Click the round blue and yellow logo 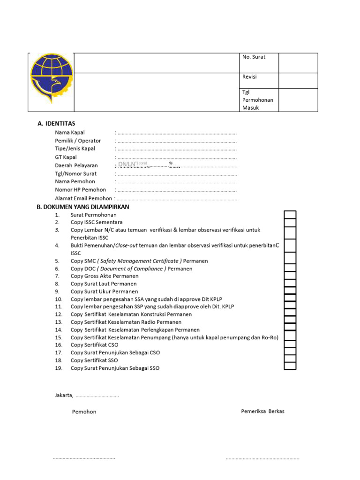coord(52,79)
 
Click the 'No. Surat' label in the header coord(254,57)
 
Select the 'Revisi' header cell coord(249,77)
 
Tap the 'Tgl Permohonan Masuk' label coord(257,100)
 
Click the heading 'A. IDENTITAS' coord(56,124)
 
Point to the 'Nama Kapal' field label coord(70,133)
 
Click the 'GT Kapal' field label coord(66,157)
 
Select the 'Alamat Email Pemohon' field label coord(83,198)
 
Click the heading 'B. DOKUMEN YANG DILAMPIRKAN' coord(82,207)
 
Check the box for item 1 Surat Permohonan coord(290,215)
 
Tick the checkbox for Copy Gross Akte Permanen coord(290,276)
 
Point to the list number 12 coord(59,315)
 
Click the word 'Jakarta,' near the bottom coord(64,396)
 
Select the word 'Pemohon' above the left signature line coord(84,412)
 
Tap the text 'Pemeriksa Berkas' coord(262,412)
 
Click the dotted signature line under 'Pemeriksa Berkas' coord(262,458)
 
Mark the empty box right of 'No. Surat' coord(298,63)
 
